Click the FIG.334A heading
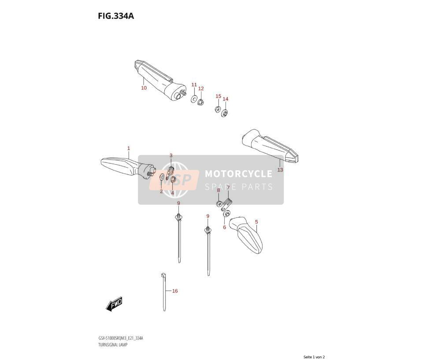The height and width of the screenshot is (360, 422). point(116,16)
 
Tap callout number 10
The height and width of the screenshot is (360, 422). point(144,88)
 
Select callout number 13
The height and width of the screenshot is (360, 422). point(280,170)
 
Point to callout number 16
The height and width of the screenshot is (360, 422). point(175,291)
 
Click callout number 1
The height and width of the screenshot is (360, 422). point(129,148)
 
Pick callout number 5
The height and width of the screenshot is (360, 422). point(256,222)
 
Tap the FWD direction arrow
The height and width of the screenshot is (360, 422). point(115,304)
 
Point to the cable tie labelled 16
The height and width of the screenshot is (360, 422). point(164,292)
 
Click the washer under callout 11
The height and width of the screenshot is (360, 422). point(194,99)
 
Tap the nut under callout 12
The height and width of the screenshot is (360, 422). point(200,102)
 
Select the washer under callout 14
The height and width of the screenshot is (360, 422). point(225,113)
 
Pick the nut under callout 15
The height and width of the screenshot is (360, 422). point(218,110)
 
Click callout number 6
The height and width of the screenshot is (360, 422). point(225,228)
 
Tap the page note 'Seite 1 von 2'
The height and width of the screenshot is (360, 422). point(314,357)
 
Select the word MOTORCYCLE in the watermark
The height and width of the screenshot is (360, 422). point(239,174)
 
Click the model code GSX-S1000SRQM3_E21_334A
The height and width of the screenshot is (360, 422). point(121,338)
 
